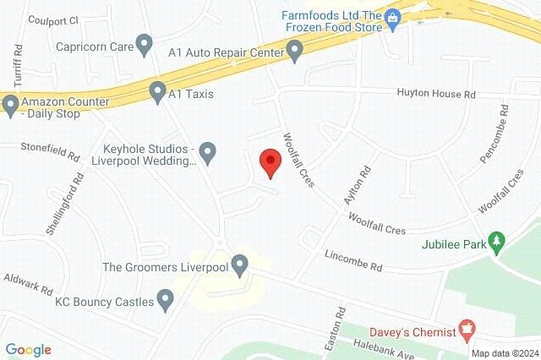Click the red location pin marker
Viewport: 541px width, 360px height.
(x=270, y=161)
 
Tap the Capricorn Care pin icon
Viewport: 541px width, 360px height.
(x=145, y=43)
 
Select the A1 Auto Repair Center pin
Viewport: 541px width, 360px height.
(x=295, y=52)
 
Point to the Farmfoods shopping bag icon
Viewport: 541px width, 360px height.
(x=392, y=18)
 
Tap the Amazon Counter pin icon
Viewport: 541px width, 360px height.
(x=10, y=105)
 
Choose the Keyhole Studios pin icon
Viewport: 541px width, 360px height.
(x=208, y=153)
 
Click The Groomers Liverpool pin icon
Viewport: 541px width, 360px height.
(x=240, y=267)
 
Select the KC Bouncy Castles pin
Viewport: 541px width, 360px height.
(x=166, y=299)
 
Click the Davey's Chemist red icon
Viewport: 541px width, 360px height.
(x=465, y=327)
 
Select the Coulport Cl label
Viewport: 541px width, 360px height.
(x=52, y=19)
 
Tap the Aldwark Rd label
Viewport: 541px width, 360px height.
(x=28, y=281)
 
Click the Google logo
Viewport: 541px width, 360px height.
(x=28, y=349)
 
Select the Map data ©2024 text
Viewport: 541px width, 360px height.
(x=504, y=353)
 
